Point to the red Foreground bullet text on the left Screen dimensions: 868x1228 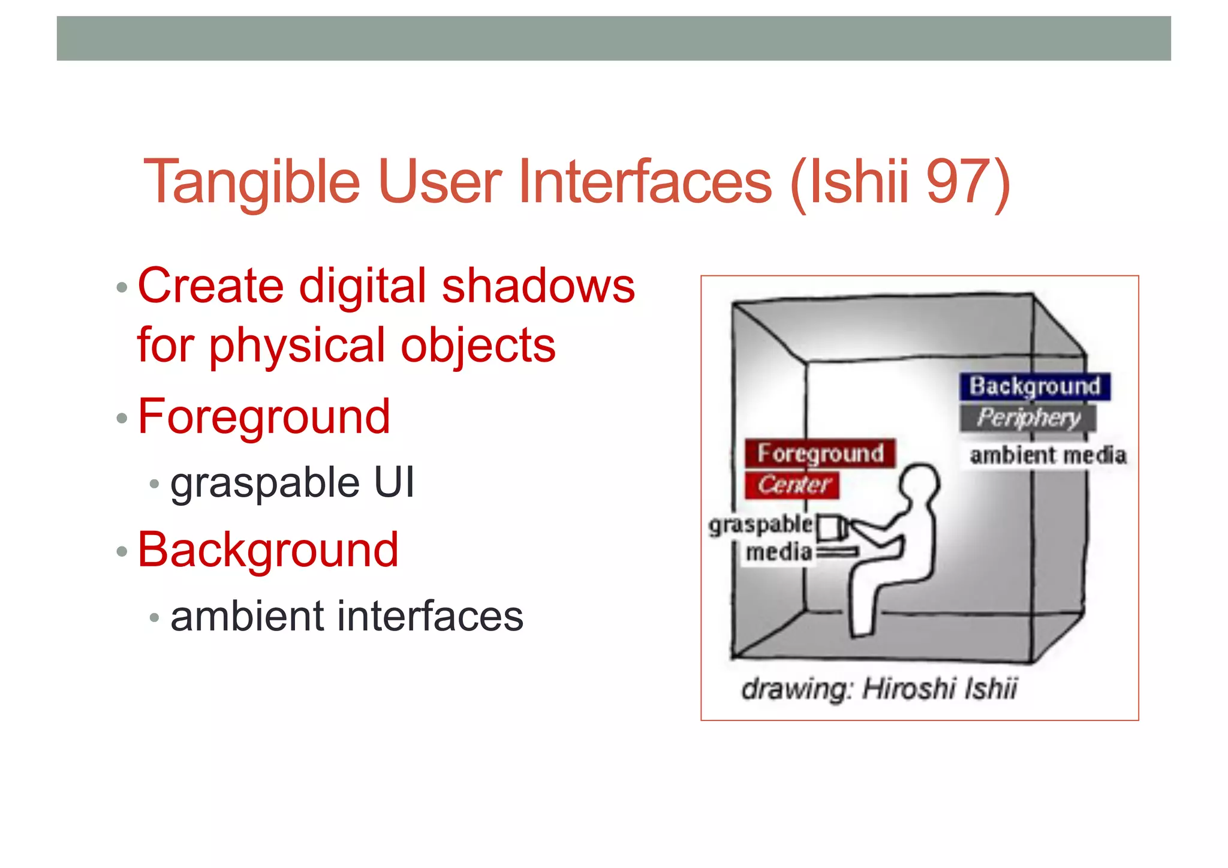[x=264, y=417]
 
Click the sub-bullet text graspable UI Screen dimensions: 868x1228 [x=292, y=483]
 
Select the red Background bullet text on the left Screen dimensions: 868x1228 [x=267, y=550]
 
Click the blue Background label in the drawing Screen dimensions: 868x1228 [x=1034, y=387]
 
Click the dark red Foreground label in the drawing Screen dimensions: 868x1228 [x=820, y=453]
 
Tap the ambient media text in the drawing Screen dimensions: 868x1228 [x=1048, y=455]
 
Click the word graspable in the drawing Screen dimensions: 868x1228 [x=760, y=525]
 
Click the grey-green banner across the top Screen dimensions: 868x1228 [x=613, y=38]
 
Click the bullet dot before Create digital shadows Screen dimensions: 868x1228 [x=122, y=287]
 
